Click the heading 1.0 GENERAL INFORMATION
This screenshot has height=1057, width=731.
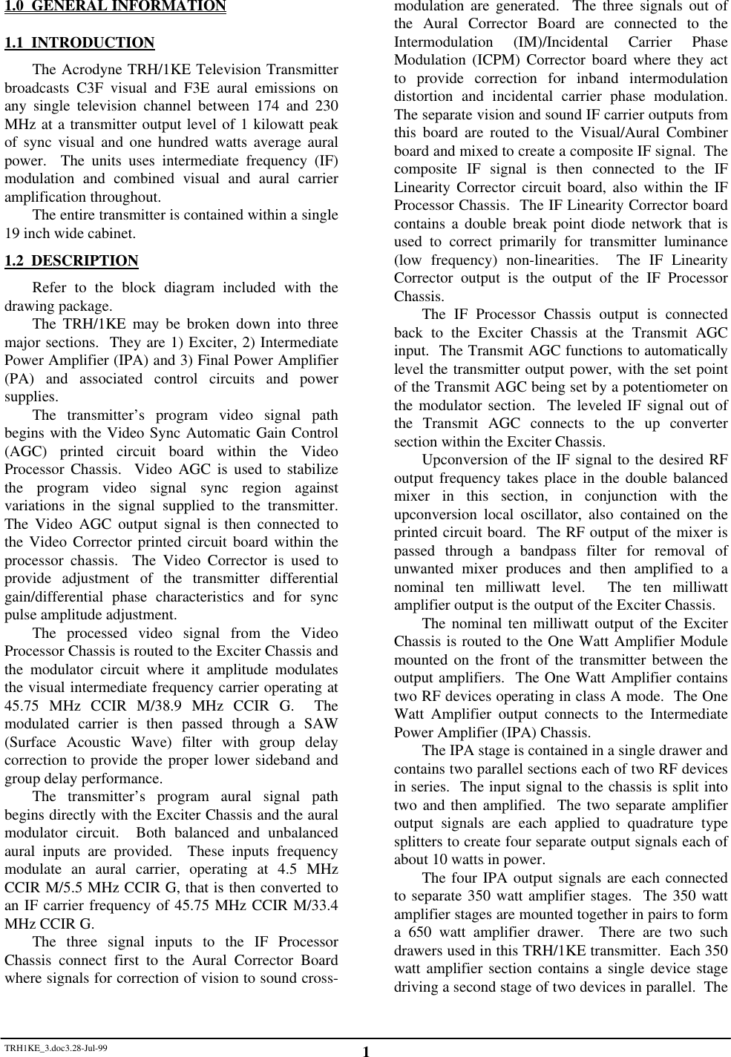point(115,7)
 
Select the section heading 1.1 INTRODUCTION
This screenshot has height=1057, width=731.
point(79,43)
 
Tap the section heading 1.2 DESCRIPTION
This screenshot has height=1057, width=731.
point(71,261)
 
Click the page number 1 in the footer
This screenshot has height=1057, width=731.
point(366,1050)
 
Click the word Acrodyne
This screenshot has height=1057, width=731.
point(88,70)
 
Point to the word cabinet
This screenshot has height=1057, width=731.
point(113,234)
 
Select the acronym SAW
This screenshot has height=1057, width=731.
point(323,724)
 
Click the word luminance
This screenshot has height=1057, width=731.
point(693,242)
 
